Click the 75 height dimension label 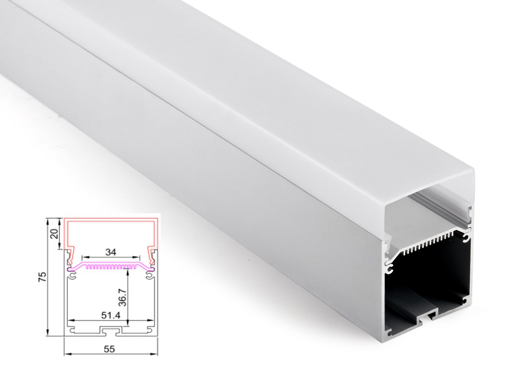point(42,277)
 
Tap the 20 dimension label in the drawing point(55,234)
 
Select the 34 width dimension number point(111,252)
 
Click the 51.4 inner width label point(111,315)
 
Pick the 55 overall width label point(109,349)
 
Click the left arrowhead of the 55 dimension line point(68,355)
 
